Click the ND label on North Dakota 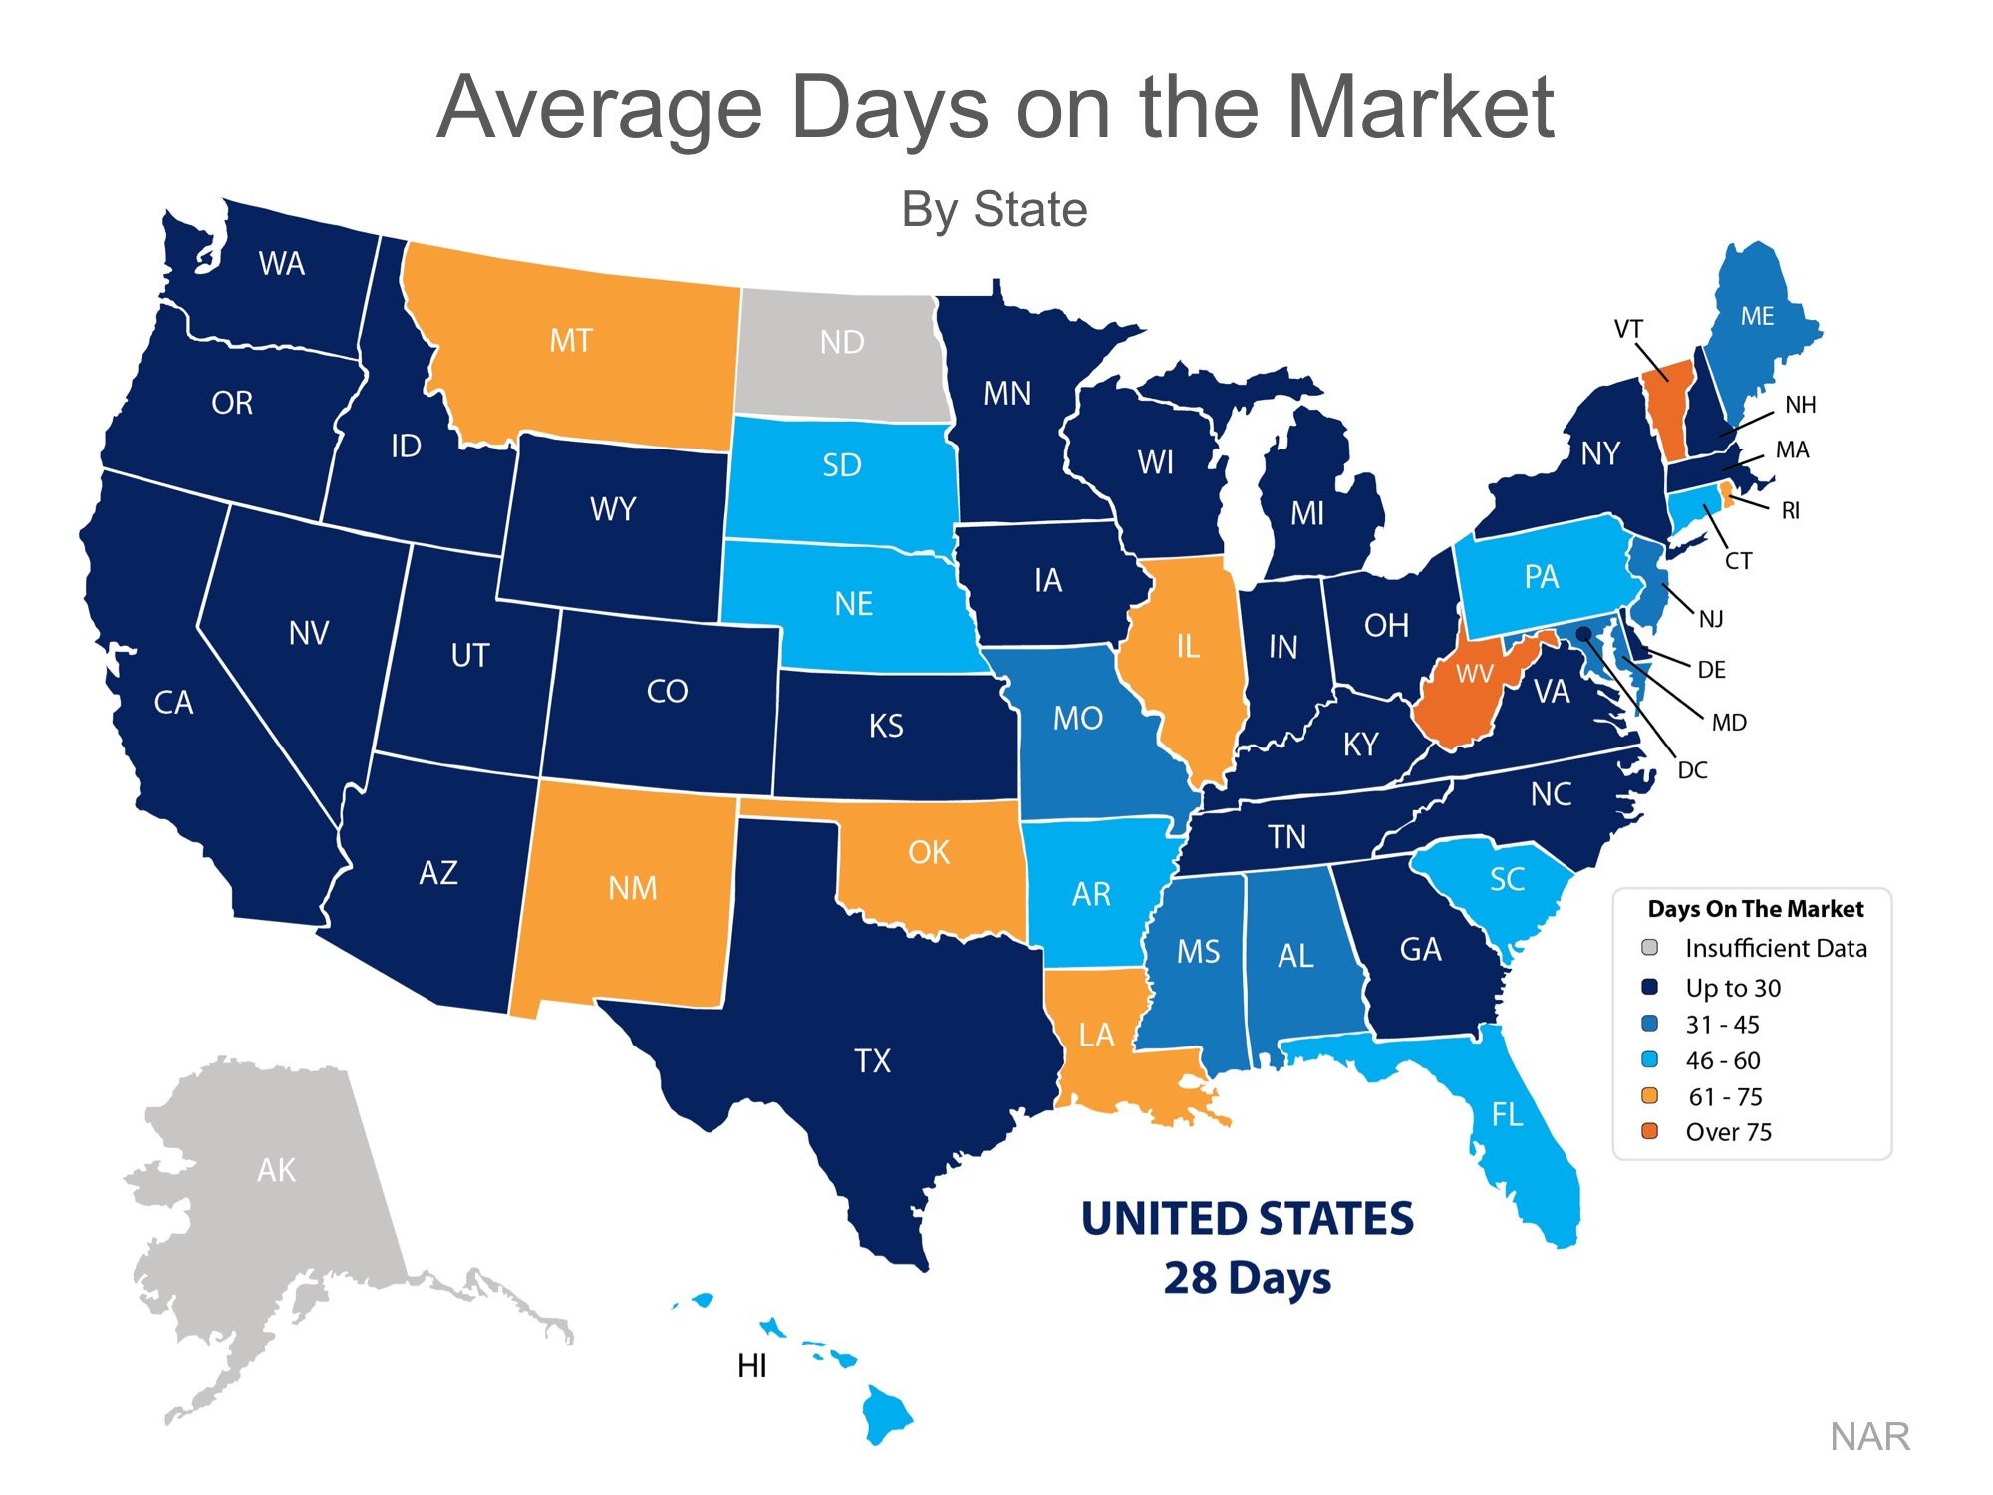tap(842, 342)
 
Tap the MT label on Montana tap(571, 341)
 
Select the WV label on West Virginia tap(1474, 675)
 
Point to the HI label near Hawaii tap(752, 1366)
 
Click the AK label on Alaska tap(276, 1170)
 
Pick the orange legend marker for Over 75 tap(1649, 1131)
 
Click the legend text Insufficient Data tap(1776, 948)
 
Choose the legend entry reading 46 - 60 tap(1723, 1060)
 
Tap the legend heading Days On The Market tap(1755, 909)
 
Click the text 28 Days tap(1247, 1278)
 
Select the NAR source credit tap(1869, 1437)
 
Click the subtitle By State tap(994, 210)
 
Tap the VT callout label tap(1627, 329)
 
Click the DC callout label tap(1692, 770)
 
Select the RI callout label tap(1790, 511)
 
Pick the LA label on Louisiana tap(1096, 1035)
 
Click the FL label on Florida tap(1507, 1114)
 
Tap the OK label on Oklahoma tap(929, 853)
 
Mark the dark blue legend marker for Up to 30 tap(1649, 987)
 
